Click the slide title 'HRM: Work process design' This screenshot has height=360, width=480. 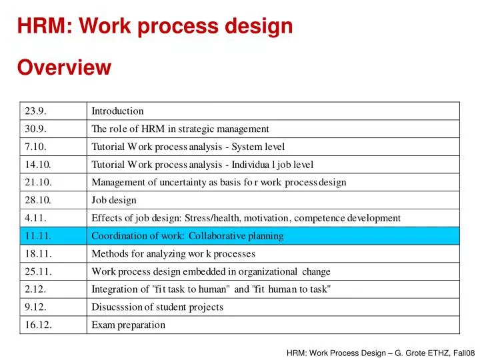pos(155,27)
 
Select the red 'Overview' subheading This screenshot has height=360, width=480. pos(64,68)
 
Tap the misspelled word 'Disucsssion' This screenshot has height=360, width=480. pos(117,307)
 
